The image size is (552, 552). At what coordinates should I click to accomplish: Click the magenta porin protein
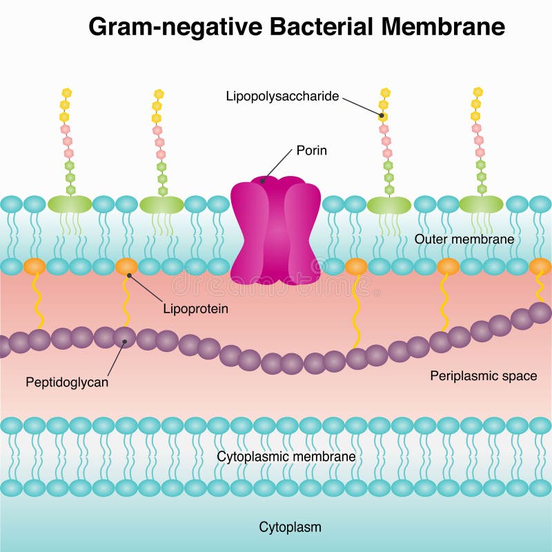[x=275, y=231]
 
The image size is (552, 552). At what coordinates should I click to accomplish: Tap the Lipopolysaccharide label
[x=283, y=97]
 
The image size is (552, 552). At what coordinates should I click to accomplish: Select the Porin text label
[x=311, y=150]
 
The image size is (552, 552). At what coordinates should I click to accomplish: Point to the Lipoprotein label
[x=196, y=309]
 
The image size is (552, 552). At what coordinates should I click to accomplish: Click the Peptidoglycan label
[x=67, y=382]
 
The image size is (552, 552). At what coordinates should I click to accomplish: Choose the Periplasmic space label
[x=483, y=376]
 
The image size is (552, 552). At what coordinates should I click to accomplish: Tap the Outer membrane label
[x=464, y=239]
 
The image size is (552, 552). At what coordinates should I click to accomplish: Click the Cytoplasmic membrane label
[x=286, y=457]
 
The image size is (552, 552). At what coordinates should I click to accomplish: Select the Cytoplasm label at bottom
[x=290, y=528]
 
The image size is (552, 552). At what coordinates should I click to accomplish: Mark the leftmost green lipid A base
[x=69, y=204]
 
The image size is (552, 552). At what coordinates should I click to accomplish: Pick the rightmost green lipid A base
[x=481, y=204]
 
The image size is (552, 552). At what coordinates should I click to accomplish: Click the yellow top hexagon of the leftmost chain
[x=66, y=92]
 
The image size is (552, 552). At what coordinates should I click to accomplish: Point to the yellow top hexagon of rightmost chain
[x=477, y=92]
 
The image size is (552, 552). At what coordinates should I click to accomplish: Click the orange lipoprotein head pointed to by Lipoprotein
[x=126, y=266]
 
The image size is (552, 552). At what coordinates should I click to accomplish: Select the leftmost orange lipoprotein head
[x=34, y=266]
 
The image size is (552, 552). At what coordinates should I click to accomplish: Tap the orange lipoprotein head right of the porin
[x=356, y=266]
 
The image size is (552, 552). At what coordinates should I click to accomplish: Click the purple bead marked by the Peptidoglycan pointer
[x=125, y=337]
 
